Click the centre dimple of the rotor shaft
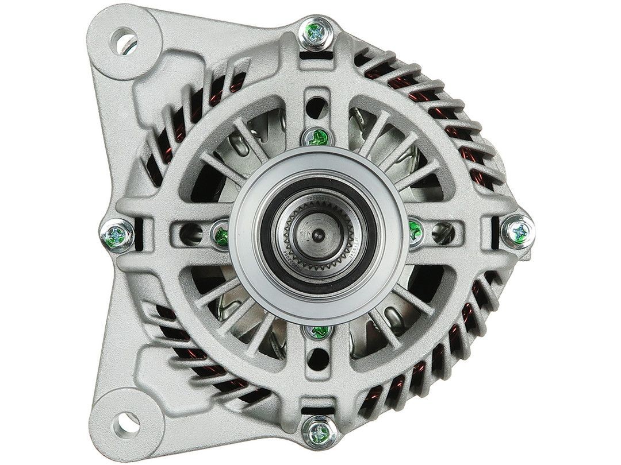tap(317, 233)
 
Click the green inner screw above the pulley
tap(317, 136)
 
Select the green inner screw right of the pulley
tap(415, 231)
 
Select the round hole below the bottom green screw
tap(316, 360)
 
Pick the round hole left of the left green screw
tap(189, 231)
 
